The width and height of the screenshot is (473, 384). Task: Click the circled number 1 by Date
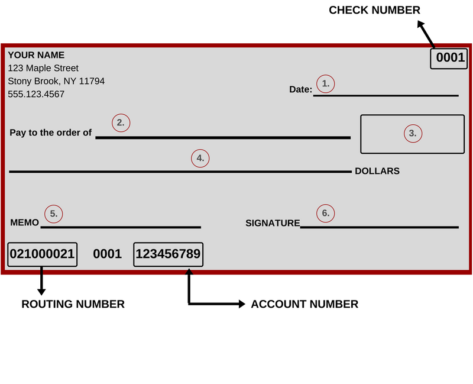(326, 83)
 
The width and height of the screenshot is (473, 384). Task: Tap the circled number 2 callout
(121, 123)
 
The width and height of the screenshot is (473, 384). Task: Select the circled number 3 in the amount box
(413, 134)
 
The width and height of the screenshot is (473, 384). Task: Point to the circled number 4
(200, 158)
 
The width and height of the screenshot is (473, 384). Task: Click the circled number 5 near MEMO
(54, 214)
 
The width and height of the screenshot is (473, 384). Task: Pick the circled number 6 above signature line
(326, 214)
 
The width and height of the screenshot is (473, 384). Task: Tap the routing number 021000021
(42, 254)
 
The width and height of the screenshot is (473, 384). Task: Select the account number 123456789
(169, 254)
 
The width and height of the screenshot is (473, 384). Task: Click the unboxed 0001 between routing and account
(108, 254)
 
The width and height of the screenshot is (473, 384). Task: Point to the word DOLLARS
(377, 171)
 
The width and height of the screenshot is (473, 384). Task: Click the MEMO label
(24, 223)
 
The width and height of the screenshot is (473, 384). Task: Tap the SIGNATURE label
(273, 223)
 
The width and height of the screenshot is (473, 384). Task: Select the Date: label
(301, 89)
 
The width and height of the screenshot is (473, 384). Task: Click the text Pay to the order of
(51, 133)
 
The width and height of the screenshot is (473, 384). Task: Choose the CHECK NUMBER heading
(374, 10)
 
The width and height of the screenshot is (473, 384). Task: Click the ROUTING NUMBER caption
(73, 304)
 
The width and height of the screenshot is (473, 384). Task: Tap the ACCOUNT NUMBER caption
(304, 304)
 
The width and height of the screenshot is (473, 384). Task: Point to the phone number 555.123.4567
(36, 94)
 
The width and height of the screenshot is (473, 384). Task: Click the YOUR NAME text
(36, 55)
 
